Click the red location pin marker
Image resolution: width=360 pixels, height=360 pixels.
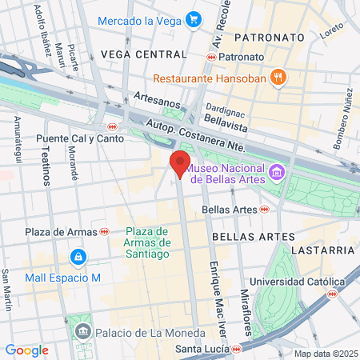click(x=179, y=163)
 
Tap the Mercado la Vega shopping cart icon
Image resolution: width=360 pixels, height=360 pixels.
click(x=193, y=19)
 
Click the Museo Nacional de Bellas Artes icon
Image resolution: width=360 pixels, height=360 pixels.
click(x=277, y=172)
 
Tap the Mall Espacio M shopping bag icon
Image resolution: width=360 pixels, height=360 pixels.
click(x=78, y=257)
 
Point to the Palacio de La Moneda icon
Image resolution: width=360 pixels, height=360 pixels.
click(x=82, y=331)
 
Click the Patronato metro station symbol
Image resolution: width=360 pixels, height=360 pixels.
click(x=211, y=58)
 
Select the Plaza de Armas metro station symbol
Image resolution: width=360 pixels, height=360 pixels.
click(x=104, y=231)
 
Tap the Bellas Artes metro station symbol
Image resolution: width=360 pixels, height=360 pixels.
click(x=264, y=210)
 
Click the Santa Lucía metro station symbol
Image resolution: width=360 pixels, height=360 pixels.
click(x=237, y=350)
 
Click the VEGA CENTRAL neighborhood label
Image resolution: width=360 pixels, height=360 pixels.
click(x=143, y=54)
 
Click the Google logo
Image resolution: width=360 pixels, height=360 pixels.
click(x=26, y=350)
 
